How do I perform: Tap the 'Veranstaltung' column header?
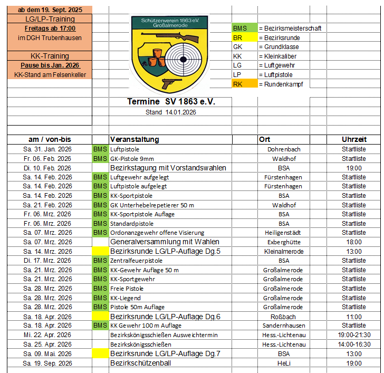[135, 139]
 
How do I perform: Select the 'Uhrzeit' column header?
[353, 139]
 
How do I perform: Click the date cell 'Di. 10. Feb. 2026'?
[47, 168]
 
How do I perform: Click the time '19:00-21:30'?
[353, 335]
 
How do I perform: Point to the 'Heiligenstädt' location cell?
[284, 233]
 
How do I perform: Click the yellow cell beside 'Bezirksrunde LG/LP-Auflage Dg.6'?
[100, 317]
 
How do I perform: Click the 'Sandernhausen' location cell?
[284, 326]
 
